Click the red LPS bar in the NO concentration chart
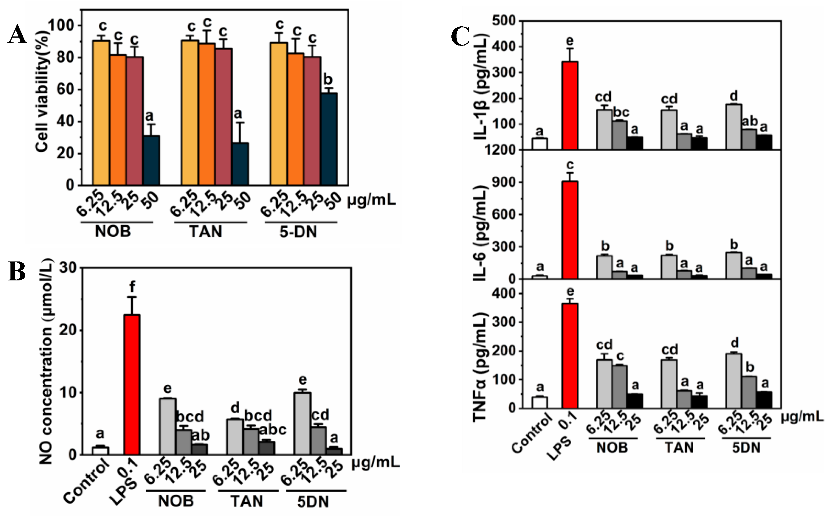click(x=132, y=384)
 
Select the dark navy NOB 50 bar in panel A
click(x=151, y=161)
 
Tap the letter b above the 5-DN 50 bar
click(x=328, y=80)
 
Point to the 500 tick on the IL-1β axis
click(x=504, y=21)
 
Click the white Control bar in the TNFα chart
click(x=540, y=402)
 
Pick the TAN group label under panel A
click(x=206, y=232)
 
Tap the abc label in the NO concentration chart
click(x=272, y=429)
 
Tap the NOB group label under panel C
click(x=612, y=447)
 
